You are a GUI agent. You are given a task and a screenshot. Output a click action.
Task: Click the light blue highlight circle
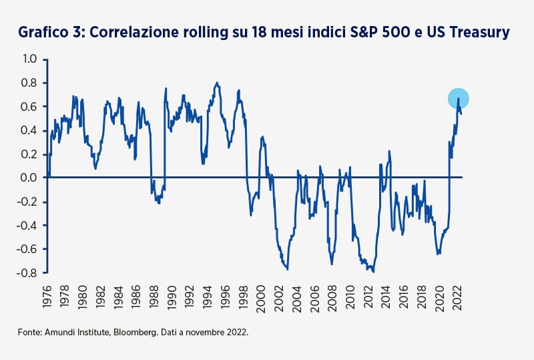pos(459,99)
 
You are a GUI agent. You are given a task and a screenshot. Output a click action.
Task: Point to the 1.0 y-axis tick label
pos(29,59)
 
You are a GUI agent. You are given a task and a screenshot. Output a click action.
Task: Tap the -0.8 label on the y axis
pos(27,273)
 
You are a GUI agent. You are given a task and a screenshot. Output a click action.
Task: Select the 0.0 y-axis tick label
pos(29,178)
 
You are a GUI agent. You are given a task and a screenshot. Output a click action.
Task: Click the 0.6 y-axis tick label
pos(29,107)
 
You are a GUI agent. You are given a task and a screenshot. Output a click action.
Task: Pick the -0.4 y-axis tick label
pos(27,225)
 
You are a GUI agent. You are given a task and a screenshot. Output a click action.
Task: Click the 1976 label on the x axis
pos(47,297)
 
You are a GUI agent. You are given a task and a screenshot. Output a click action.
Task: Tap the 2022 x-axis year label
pos(457,298)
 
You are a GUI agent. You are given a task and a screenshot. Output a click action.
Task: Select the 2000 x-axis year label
pos(261,299)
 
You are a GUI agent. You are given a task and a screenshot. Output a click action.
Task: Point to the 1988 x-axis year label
pos(154,297)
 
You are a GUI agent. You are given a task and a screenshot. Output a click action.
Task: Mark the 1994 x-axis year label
pos(208,297)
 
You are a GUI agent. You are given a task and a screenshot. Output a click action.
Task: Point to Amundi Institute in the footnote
pos(77,332)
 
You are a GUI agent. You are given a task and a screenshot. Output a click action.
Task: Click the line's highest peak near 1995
pos(216,83)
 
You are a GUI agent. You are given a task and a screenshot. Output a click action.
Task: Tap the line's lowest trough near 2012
pos(374,272)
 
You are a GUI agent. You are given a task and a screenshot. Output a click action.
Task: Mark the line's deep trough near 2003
pos(288,269)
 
